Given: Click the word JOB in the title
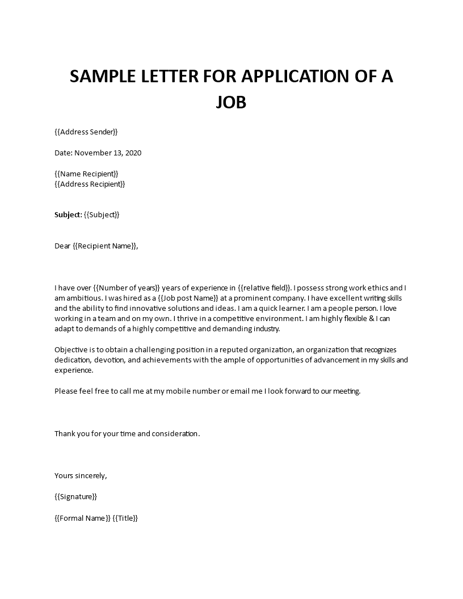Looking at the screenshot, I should (231, 103).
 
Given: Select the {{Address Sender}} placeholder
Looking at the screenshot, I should (86, 132).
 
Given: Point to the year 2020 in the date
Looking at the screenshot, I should (132, 153).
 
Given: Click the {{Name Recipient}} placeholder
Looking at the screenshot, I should (86, 174).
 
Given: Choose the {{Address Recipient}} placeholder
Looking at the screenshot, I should (90, 184).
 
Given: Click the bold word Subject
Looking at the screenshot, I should (68, 214).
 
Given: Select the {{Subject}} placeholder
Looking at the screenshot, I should (102, 214).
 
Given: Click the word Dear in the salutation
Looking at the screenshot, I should (62, 246).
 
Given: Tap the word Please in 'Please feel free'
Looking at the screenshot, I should (66, 391).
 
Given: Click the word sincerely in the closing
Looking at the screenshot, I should (90, 475).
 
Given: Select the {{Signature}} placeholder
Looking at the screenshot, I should (76, 496).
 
